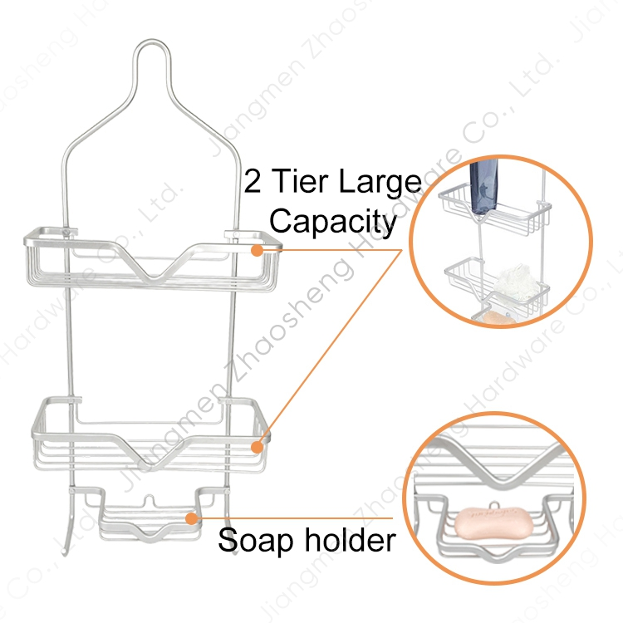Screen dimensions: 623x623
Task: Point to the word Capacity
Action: (x=333, y=222)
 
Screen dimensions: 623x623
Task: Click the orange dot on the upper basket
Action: (x=258, y=248)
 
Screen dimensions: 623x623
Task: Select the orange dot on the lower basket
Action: (x=258, y=446)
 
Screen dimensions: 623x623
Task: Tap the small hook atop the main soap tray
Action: (x=150, y=502)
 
